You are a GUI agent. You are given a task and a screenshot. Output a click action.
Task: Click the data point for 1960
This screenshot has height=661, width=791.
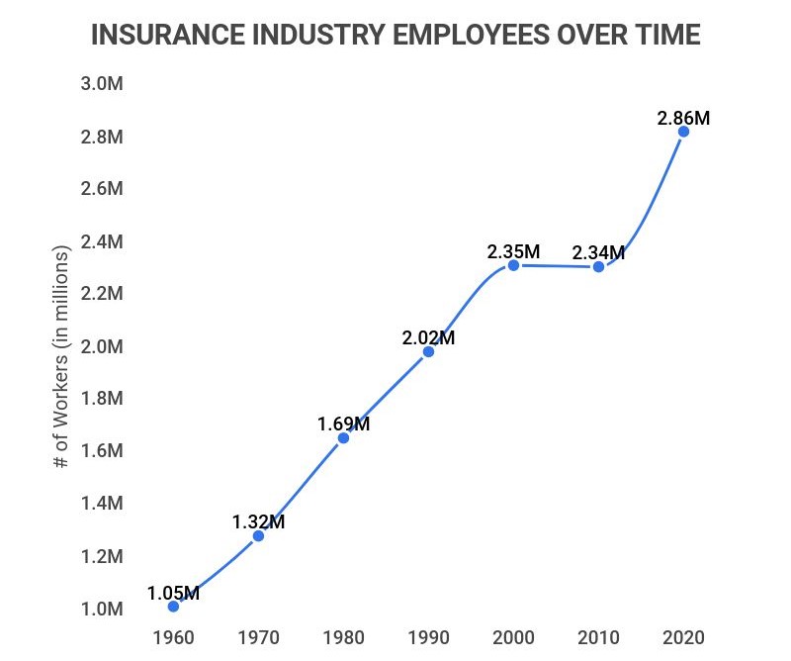coord(174,607)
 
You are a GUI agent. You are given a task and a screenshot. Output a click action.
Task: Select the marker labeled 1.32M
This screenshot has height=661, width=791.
coord(259,535)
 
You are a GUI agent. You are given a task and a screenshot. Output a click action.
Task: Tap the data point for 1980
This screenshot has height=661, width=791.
coord(344,437)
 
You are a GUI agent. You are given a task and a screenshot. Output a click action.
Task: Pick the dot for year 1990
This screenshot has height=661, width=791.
coord(428,351)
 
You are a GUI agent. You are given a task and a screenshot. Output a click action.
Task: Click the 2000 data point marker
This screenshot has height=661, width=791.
coord(513,265)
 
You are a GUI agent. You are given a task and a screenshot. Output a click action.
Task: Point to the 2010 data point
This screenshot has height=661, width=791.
coord(598,267)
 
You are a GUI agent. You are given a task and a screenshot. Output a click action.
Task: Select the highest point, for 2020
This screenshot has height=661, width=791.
coord(683,132)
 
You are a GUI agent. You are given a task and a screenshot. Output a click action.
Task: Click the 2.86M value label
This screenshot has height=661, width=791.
coord(683,118)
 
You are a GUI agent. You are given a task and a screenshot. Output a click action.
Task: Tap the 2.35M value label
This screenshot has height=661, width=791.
coord(513,251)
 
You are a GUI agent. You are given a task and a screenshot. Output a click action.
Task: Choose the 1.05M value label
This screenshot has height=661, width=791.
coord(174,594)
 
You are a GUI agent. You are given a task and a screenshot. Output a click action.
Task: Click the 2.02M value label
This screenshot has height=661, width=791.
coord(428,337)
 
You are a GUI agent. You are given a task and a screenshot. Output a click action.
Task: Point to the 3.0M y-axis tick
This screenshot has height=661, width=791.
coord(102,84)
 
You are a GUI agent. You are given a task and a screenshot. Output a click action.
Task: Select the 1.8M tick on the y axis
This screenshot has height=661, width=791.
coord(102,399)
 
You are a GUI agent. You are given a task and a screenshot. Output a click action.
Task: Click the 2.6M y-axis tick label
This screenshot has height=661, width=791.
coord(102,189)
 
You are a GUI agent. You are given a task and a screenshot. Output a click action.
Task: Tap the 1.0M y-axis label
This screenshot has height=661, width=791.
coord(102,609)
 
